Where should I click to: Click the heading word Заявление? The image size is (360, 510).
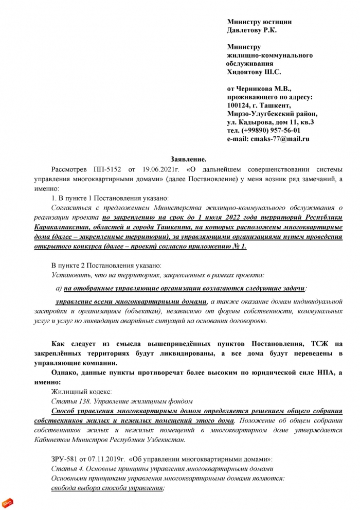click(x=188, y=160)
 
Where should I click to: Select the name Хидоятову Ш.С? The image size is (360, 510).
click(x=254, y=72)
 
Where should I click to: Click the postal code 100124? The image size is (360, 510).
click(x=239, y=105)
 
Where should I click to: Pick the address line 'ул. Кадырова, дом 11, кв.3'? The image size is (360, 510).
click(x=271, y=122)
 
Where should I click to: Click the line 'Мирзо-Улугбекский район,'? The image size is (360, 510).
click(x=272, y=114)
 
